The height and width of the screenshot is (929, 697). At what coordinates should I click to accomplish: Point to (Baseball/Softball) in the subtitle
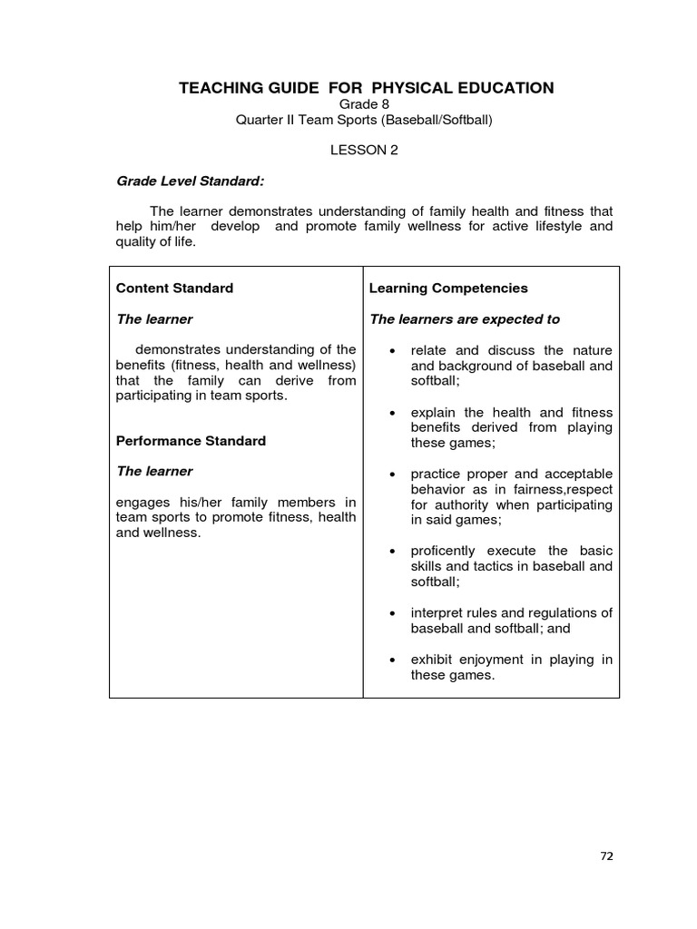(436, 119)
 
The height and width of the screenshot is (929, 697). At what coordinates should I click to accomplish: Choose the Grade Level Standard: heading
(191, 181)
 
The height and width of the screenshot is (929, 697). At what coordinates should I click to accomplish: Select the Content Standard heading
(174, 288)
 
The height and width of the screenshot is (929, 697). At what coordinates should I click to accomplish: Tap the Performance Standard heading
(191, 441)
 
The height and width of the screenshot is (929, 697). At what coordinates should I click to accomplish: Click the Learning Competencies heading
(448, 288)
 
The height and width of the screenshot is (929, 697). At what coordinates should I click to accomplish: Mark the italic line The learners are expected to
(464, 319)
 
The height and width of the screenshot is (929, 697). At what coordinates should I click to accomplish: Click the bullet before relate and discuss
(390, 351)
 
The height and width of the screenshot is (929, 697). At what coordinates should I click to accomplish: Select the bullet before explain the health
(390, 413)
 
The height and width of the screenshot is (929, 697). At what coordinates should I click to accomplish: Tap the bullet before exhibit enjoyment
(390, 660)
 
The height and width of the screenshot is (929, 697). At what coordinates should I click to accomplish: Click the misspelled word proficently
(444, 551)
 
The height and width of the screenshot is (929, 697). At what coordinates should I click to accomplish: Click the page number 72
(606, 856)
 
